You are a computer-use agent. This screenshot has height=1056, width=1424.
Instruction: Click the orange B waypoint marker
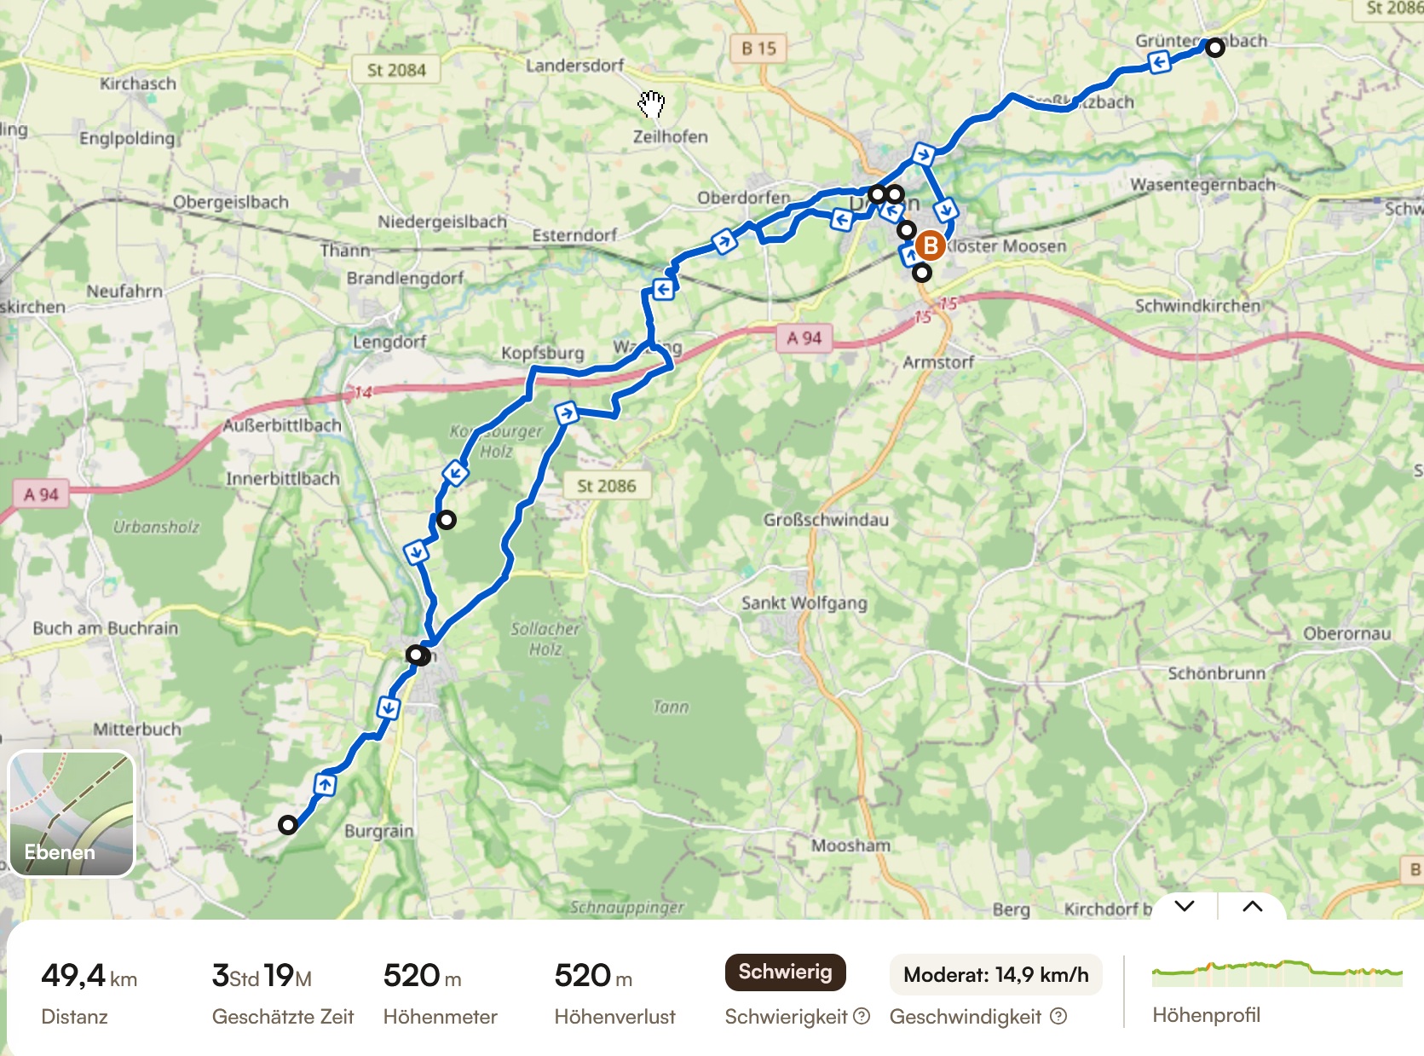point(930,246)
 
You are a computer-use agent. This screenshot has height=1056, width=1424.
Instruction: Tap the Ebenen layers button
point(72,814)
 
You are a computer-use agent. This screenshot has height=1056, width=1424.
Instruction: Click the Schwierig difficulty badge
point(785,972)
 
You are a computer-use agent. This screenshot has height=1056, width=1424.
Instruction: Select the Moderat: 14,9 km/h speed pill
point(995,975)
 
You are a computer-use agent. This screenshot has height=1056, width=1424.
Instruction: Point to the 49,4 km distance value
point(89,975)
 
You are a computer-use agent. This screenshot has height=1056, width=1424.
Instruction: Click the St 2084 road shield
point(396,70)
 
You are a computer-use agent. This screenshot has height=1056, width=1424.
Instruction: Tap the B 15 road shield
point(758,49)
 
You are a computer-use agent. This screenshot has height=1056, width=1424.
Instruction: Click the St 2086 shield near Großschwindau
point(607,486)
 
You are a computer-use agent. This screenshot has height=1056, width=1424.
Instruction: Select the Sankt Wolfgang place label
point(804,603)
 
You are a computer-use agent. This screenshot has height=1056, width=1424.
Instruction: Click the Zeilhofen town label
point(670,136)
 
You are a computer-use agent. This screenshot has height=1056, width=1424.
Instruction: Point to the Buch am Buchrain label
point(106,628)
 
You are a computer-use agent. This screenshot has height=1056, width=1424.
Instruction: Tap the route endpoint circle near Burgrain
point(288,825)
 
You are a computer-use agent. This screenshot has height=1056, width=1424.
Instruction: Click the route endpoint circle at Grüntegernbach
point(1215,48)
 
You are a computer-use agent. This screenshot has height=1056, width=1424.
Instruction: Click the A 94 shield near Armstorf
point(804,338)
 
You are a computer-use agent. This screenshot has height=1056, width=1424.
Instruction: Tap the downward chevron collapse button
point(1185,906)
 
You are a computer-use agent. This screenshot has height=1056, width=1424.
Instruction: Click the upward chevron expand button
point(1252,906)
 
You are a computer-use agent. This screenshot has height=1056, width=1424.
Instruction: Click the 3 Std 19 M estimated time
point(262,975)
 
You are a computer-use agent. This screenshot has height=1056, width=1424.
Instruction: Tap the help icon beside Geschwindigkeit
point(1058,1016)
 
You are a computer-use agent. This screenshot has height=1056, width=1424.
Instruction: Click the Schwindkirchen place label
point(1196,305)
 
